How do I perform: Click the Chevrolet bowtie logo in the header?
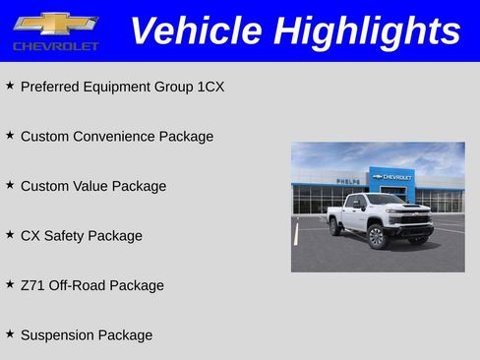[55, 23]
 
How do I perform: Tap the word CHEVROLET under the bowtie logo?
[55, 46]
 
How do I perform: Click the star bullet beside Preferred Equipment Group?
[10, 86]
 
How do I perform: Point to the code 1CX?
[210, 87]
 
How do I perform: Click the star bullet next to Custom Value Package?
[10, 185]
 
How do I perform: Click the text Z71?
[32, 285]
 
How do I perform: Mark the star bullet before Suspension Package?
[10, 334]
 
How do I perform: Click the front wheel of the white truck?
[376, 236]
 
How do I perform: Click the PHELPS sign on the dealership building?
[347, 182]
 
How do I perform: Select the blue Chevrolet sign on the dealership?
[391, 176]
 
